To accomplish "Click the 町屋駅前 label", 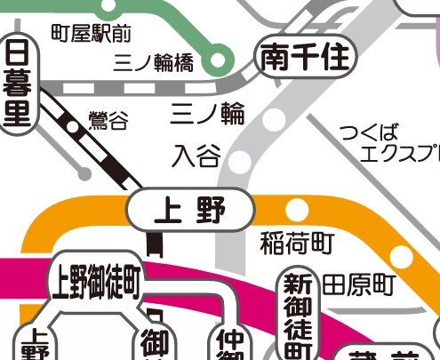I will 91,35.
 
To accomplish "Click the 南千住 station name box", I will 306,59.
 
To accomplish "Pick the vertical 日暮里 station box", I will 18,84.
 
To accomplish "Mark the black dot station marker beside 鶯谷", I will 71,124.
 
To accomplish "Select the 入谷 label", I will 196,156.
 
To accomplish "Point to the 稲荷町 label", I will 298,242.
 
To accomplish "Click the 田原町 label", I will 357,284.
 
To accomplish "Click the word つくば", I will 368,133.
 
